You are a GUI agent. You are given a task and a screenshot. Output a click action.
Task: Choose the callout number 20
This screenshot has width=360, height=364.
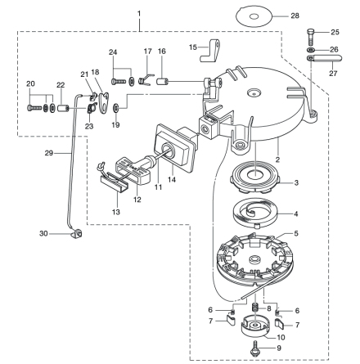click(x=31, y=84)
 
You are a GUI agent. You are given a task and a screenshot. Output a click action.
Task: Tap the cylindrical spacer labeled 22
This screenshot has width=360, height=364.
click(x=61, y=110)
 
